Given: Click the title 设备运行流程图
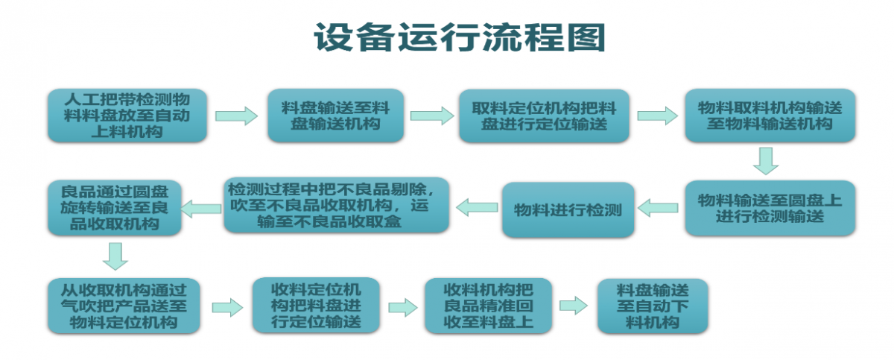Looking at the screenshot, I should [x=458, y=37].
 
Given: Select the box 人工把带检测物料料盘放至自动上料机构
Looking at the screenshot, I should [x=127, y=116].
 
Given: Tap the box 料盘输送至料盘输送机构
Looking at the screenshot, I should [x=335, y=116].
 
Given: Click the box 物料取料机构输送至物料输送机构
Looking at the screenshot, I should [x=770, y=116].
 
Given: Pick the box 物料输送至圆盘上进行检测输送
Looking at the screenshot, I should [x=770, y=209].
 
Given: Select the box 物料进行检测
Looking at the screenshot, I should [x=568, y=209].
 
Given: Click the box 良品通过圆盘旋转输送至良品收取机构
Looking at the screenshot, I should [x=115, y=207].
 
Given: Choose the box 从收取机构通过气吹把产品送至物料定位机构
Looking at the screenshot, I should [x=124, y=306].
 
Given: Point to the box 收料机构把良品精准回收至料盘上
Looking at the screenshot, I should [x=488, y=306].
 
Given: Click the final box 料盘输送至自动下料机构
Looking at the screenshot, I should [x=653, y=306].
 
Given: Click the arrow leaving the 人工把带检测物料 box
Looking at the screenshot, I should [x=235, y=116].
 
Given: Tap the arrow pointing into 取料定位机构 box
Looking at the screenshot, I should [x=431, y=116].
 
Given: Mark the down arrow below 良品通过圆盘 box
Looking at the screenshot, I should [x=115, y=256].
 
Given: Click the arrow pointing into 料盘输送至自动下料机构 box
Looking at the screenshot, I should [x=574, y=305].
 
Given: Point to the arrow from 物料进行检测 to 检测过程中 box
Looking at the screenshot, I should [x=477, y=207].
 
